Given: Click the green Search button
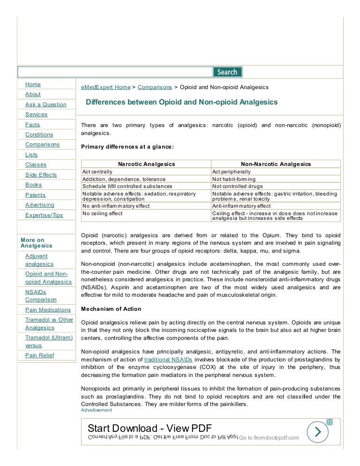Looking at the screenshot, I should [227, 72].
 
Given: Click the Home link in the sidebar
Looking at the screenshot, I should [33, 84].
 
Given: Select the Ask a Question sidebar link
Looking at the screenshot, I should [45, 105].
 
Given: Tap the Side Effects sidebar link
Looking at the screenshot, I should [41, 175].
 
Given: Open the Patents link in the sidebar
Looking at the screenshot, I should [35, 195].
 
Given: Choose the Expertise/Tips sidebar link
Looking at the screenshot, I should [44, 215].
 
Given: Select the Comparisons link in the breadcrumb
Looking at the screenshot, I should [155, 87].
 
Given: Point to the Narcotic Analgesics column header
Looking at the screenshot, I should [146, 164].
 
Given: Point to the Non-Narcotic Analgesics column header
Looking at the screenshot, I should [276, 164].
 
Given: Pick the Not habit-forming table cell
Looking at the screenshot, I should [234, 179].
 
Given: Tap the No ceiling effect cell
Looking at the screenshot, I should [103, 213].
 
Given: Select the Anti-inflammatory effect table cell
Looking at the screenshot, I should [241, 206].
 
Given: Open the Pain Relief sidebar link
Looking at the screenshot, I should [39, 355].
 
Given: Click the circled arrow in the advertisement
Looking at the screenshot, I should [318, 432].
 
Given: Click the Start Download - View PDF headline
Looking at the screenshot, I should [150, 428].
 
